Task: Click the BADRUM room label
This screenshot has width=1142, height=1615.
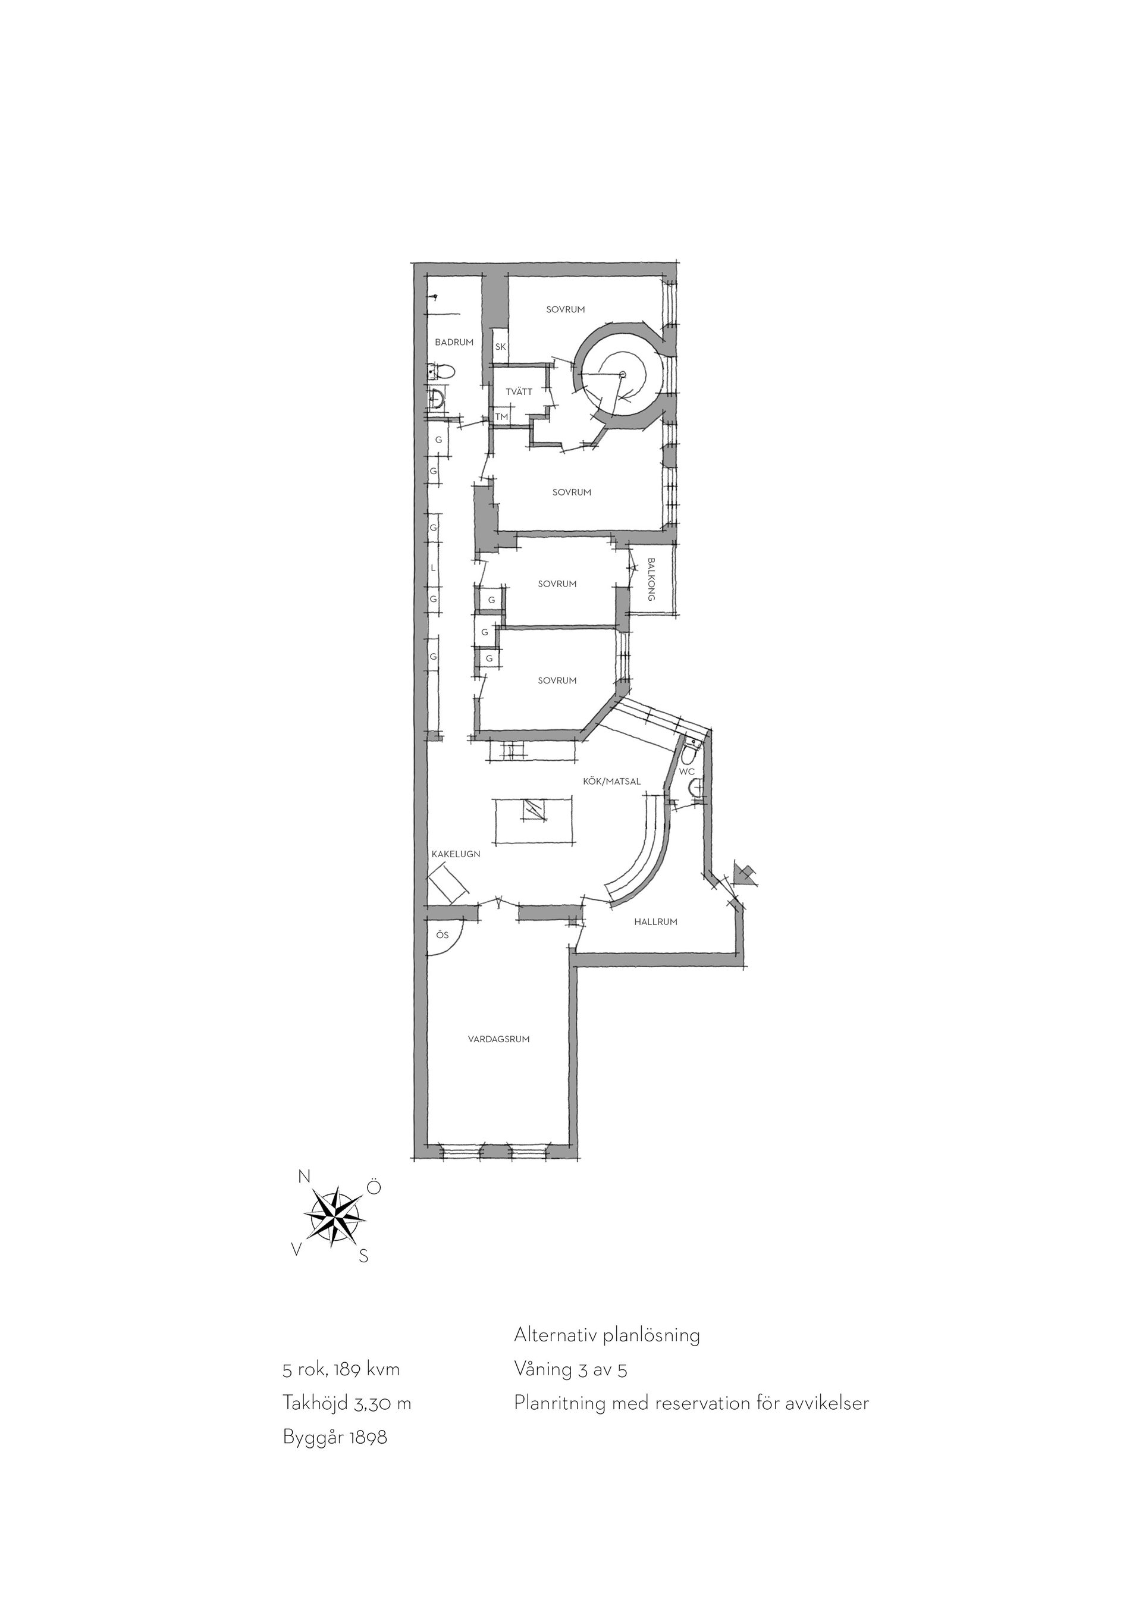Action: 454,343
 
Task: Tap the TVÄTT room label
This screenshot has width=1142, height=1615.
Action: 519,392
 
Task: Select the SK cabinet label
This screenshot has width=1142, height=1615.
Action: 501,347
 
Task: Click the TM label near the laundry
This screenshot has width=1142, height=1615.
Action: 501,417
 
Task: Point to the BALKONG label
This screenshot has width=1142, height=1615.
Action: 651,579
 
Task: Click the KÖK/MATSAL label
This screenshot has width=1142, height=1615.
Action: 612,782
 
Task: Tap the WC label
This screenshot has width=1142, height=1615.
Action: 687,772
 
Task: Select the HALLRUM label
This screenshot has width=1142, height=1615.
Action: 655,921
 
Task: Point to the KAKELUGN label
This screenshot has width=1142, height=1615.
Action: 456,854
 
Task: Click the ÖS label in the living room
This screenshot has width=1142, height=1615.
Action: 441,936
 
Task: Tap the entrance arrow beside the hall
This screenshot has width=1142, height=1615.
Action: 744,875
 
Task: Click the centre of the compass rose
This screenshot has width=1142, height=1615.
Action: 334,1217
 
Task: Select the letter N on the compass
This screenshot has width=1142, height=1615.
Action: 305,1177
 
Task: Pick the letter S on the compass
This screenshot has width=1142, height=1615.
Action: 363,1256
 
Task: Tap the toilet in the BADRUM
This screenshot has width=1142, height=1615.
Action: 441,371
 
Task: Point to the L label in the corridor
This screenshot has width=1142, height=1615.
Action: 433,567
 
